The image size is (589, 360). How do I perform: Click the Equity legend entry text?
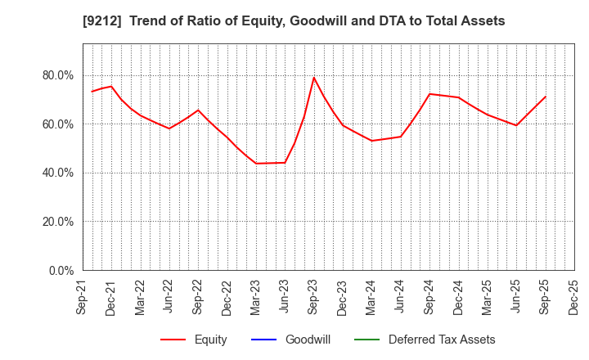(210, 340)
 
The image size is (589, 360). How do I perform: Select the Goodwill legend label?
(307, 340)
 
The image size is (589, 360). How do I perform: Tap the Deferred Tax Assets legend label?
(442, 340)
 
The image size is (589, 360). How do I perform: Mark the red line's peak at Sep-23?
(313, 78)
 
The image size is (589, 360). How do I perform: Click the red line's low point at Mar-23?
(256, 163)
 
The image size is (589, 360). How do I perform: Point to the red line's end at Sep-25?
(545, 97)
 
